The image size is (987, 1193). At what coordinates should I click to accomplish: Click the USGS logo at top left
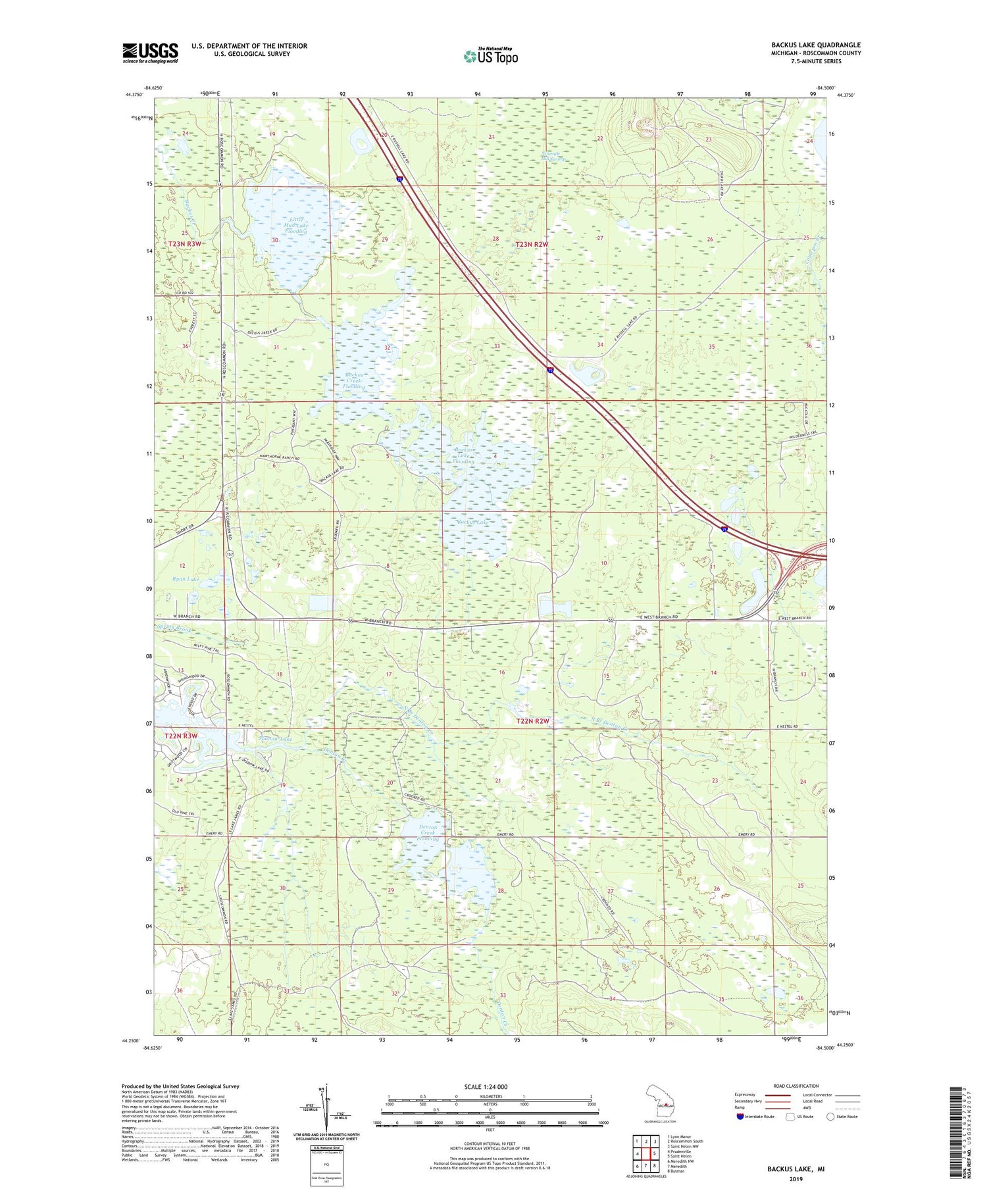pos(150,53)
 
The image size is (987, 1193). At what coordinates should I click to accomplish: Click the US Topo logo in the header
pos(490,57)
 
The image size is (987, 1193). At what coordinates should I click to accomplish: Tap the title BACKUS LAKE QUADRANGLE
pos(816,45)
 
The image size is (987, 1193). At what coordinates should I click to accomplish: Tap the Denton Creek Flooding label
pos(428,832)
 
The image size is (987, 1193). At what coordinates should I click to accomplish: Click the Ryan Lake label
pos(186,579)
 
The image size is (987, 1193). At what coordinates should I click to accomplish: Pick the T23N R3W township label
pos(185,243)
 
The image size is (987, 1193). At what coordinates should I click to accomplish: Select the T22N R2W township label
pos(532,721)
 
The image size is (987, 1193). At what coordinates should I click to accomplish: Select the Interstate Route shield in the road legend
pos(741,1117)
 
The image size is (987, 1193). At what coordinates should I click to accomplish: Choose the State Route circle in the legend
pos(830,1117)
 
